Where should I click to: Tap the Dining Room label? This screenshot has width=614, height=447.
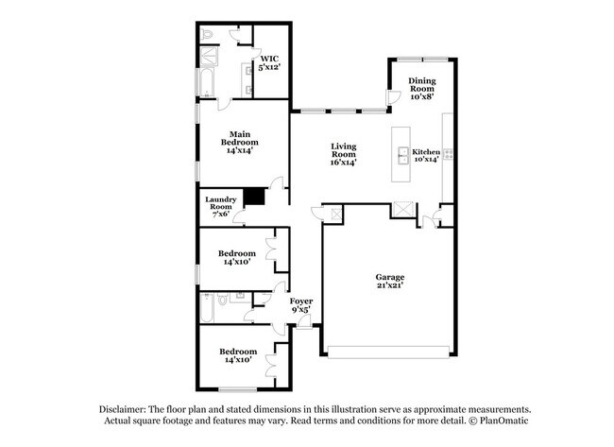tap(421, 88)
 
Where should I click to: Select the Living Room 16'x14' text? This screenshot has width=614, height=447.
tap(343, 154)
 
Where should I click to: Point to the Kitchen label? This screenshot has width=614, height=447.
tap(427, 154)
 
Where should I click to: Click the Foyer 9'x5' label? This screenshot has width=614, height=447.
tap(301, 306)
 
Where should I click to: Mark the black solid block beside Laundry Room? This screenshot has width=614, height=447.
tap(253, 198)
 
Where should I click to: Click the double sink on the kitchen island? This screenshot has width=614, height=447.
tap(402, 155)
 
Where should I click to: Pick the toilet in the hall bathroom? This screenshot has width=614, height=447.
tap(223, 302)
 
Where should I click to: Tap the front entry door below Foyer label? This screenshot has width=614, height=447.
tap(303, 322)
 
